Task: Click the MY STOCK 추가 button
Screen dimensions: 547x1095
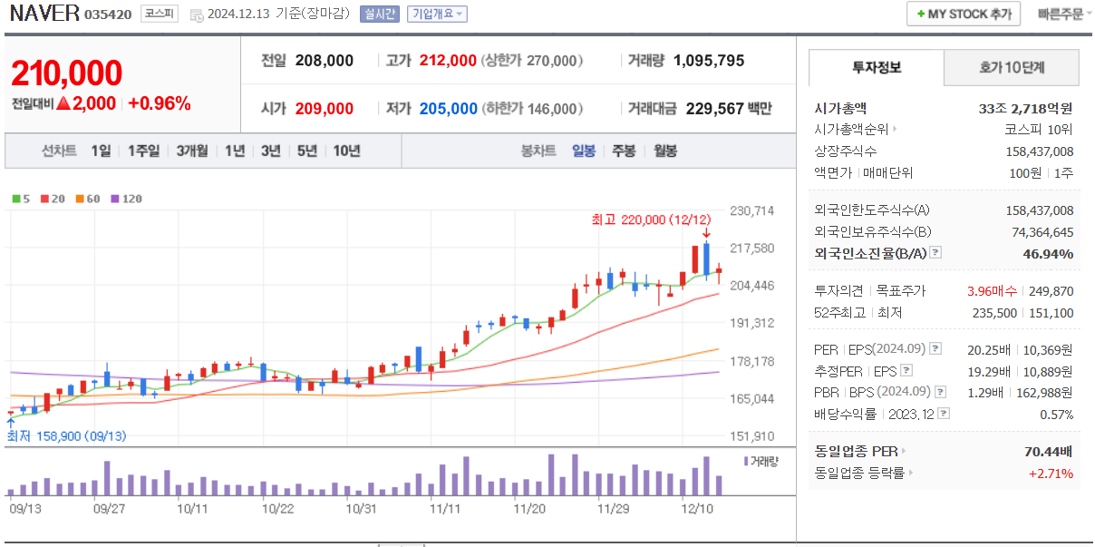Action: pos(964,14)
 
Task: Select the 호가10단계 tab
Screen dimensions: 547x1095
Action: pos(1011,68)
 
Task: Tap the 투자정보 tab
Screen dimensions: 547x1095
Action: pos(876,68)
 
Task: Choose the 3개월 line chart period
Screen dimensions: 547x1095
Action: pos(192,151)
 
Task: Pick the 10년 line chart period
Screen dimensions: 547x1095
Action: pos(346,151)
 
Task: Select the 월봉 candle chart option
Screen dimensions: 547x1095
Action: pos(665,151)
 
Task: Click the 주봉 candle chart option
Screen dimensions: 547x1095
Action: pos(624,151)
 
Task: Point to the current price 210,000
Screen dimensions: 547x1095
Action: pos(66,73)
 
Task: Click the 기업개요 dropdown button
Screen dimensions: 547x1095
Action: pos(437,14)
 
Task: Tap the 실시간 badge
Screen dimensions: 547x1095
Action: pos(378,14)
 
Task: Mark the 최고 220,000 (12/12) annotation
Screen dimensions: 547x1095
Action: pos(651,220)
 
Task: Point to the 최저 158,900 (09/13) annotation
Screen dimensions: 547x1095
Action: pos(66,436)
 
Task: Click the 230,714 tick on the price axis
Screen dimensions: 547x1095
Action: pos(751,211)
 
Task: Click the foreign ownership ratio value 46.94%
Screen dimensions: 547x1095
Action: pos(1048,254)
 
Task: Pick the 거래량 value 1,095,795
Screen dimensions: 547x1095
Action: pos(709,61)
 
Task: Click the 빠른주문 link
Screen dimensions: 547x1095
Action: pos(1061,14)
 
